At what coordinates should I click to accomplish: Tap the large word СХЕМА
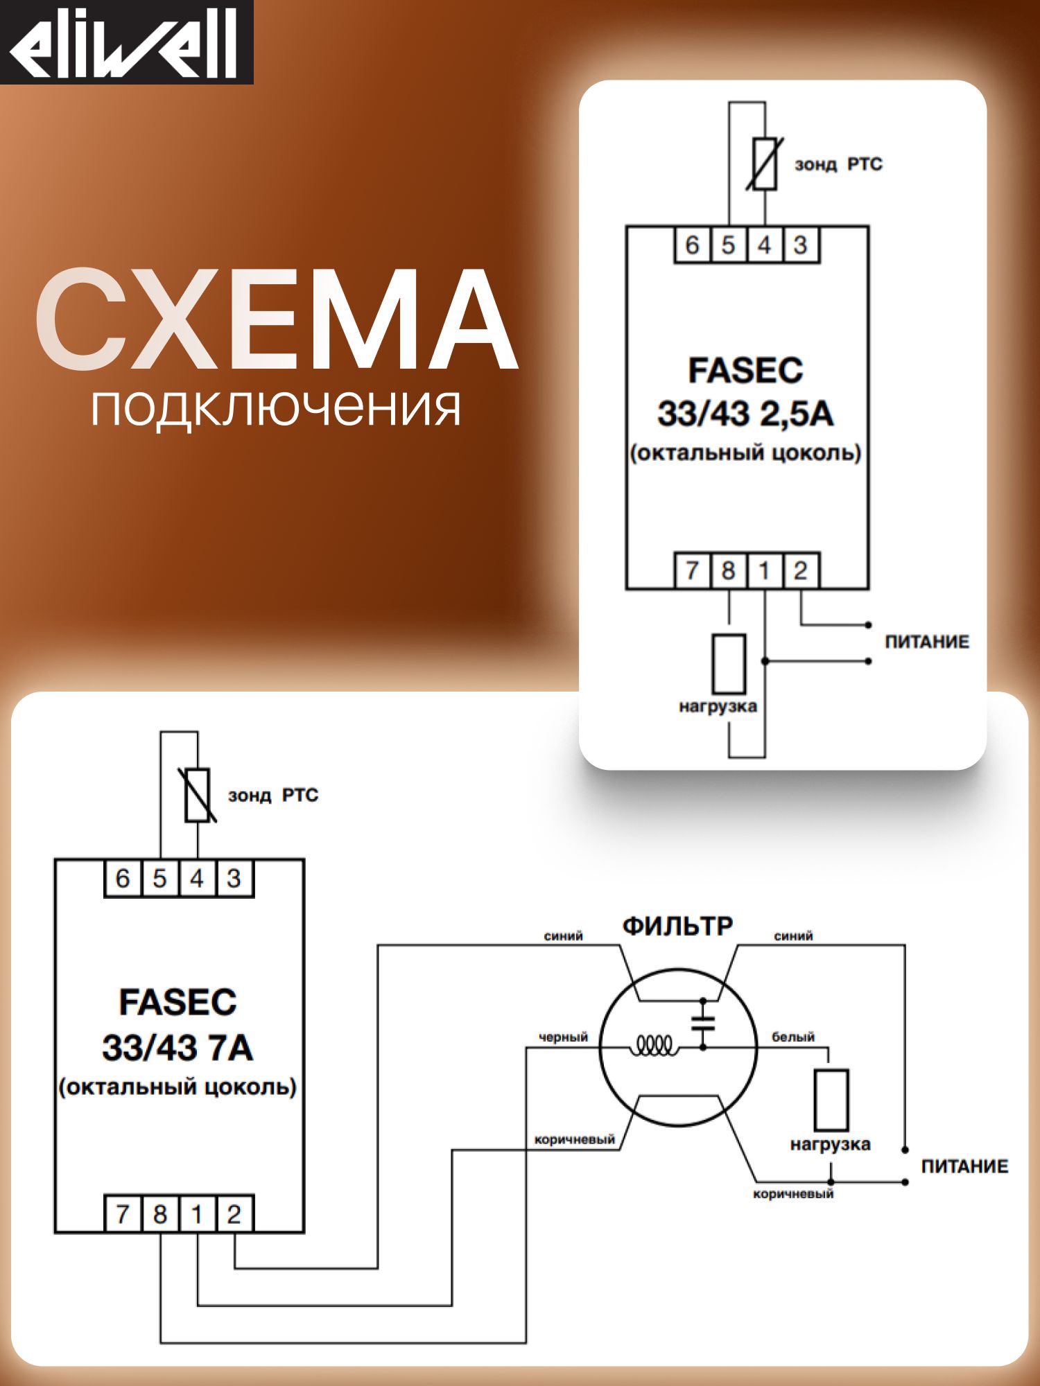[x=276, y=320]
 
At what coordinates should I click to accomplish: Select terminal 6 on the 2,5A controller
[x=692, y=245]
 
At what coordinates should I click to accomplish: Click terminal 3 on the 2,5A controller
[x=801, y=245]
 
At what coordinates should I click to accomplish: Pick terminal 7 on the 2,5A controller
[x=692, y=571]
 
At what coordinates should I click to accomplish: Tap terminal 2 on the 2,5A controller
[x=801, y=571]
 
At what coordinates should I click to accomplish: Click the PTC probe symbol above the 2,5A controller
[x=765, y=164]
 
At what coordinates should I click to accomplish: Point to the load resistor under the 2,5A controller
[x=729, y=664]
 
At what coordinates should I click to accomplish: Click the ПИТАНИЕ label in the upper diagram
[x=927, y=642]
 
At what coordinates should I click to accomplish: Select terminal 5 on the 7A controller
[x=159, y=879]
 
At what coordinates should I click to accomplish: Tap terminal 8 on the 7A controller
[x=159, y=1214]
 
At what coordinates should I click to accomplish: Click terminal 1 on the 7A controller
[x=197, y=1214]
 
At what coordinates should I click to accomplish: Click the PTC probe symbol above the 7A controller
[x=198, y=795]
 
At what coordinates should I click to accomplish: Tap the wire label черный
[x=563, y=1037]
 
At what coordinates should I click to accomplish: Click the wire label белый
[x=793, y=1037]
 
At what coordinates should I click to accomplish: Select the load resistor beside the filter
[x=831, y=1100]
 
